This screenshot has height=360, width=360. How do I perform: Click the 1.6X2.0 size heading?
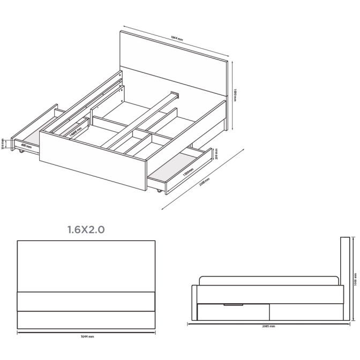[86, 230]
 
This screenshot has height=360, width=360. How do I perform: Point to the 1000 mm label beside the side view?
[355, 279]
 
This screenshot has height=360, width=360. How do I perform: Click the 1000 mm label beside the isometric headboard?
[235, 95]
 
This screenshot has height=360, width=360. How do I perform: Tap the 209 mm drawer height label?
[215, 154]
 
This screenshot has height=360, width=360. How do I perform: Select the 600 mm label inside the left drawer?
[26, 145]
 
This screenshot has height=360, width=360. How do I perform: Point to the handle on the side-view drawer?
[233, 305]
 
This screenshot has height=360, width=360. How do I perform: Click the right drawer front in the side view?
[305, 311]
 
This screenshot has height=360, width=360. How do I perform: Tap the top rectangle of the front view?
[86, 266]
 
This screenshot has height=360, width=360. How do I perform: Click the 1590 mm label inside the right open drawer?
[187, 171]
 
